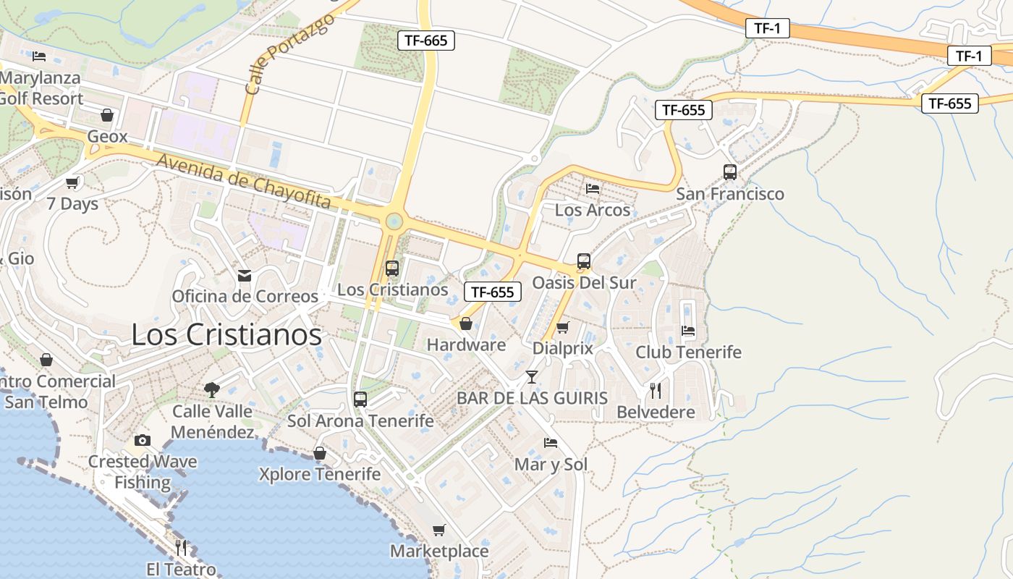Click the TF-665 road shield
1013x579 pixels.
click(425, 41)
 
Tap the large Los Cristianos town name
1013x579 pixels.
click(226, 334)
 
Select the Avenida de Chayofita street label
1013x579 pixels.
click(243, 181)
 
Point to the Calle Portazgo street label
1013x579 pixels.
click(289, 54)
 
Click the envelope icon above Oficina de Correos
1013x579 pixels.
click(245, 276)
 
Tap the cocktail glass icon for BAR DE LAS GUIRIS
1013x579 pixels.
click(532, 377)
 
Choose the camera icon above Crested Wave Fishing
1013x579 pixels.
click(143, 440)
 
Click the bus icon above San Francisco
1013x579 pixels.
click(730, 172)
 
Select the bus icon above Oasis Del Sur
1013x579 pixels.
click(584, 261)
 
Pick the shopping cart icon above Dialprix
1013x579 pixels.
click(562, 327)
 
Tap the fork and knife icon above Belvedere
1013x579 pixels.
click(656, 391)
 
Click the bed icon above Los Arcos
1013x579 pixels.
click(593, 189)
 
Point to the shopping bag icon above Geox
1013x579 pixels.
click(107, 115)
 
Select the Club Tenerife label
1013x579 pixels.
click(688, 352)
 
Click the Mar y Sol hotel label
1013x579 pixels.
click(551, 465)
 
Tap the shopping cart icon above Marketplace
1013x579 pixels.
click(439, 531)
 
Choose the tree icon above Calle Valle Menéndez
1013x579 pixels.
click(212, 390)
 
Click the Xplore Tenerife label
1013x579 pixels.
click(319, 475)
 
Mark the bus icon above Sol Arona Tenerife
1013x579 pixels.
click(360, 399)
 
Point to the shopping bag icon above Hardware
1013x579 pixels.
click(466, 324)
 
